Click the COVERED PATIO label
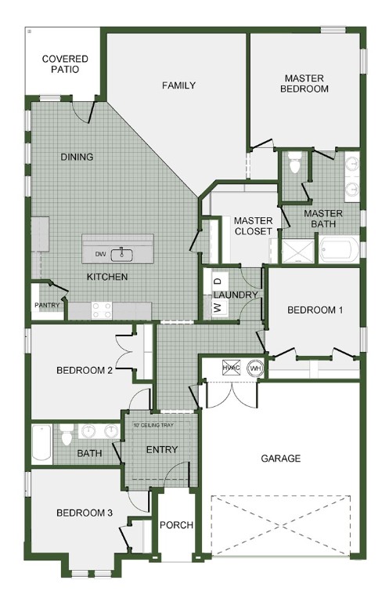(65, 64)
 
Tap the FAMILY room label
(178, 85)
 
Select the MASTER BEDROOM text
(306, 84)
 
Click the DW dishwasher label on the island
(100, 254)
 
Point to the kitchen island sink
(122, 253)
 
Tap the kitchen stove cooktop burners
(102, 310)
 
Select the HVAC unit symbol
(230, 367)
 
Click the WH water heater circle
(254, 367)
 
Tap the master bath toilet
(294, 163)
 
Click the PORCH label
(176, 525)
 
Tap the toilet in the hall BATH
(67, 431)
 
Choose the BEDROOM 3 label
(85, 513)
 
